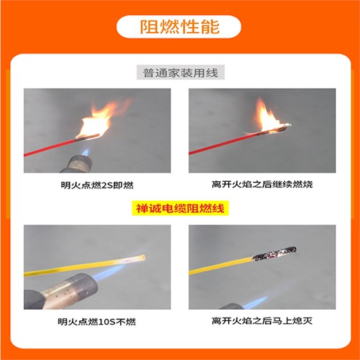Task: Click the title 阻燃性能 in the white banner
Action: pyautogui.click(x=179, y=27)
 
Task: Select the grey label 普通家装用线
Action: pyautogui.click(x=179, y=73)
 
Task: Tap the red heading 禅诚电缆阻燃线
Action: pyautogui.click(x=179, y=209)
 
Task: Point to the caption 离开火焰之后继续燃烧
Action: pyautogui.click(x=262, y=185)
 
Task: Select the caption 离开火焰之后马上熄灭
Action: pyautogui.click(x=262, y=321)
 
